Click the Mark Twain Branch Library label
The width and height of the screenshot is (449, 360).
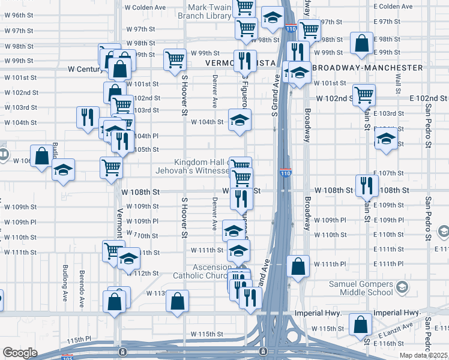coord(212,11)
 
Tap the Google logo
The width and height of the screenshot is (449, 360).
coord(20,353)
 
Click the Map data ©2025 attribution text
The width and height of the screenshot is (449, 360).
coord(424,355)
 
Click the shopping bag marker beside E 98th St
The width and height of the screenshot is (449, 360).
coord(361,43)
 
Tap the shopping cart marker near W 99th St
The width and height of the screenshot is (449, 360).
coord(174,59)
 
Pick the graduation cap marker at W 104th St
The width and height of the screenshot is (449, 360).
coord(240,120)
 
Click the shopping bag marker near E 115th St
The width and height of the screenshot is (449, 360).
coord(360,324)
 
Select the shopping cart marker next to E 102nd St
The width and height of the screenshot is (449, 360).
coord(364,95)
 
